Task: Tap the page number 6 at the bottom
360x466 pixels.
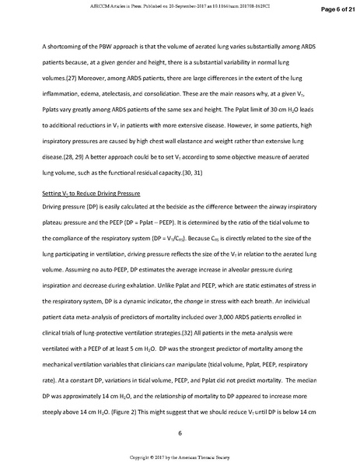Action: pos(180,433)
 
